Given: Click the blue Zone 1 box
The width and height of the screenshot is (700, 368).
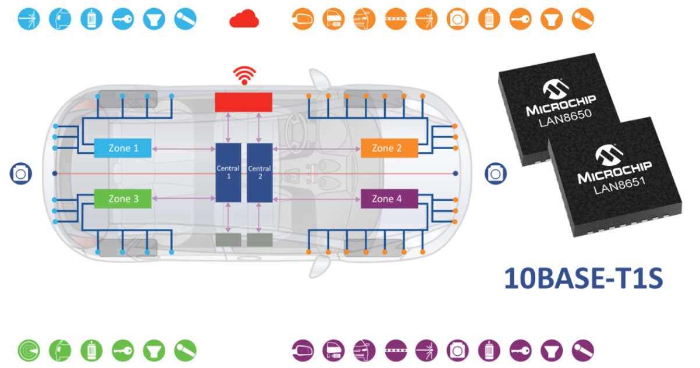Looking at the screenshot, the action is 123,148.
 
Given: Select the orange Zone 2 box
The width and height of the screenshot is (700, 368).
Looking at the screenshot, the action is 389,148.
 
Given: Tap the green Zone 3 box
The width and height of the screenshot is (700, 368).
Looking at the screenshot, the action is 123,199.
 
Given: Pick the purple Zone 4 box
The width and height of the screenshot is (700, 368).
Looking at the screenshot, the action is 389,199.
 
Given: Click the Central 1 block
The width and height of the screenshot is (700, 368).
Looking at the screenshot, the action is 228,172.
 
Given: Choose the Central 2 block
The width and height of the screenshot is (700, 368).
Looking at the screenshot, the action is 260,172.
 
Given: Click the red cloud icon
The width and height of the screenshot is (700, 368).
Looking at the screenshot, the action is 244,19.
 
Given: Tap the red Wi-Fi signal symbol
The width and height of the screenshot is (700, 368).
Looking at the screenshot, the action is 244,76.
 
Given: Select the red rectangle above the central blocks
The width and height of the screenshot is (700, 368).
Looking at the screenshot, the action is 243,102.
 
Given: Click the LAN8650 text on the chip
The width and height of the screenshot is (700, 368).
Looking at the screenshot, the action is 566,118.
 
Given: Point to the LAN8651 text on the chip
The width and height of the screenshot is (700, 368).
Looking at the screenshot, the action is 619,185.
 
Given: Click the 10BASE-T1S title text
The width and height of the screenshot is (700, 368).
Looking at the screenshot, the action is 584,278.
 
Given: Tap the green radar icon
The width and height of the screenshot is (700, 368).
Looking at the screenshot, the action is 29,351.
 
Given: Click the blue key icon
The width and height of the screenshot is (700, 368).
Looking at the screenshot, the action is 123,19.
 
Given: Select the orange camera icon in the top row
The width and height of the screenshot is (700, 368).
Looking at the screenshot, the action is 457,19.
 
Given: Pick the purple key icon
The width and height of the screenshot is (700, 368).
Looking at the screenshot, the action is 520,351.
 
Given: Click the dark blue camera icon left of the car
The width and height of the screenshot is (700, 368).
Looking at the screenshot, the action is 20,174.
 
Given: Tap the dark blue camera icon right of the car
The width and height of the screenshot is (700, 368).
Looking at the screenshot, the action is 496,174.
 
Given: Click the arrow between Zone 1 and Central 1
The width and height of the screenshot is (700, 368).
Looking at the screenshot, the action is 183,149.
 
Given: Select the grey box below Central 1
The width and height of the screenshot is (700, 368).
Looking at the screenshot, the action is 228,240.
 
